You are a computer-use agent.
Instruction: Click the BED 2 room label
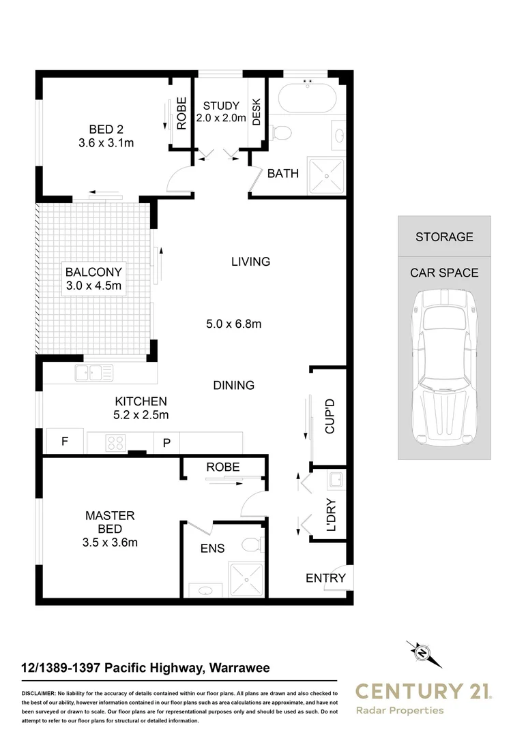pos(105,129)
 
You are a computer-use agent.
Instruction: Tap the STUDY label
pos(221,106)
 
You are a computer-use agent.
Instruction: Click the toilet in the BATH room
pos(281,132)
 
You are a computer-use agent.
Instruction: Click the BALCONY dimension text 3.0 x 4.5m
pos(93,286)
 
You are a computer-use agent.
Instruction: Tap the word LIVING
pos(250,261)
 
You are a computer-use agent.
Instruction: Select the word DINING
pos(233,385)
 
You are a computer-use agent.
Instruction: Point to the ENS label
pos(211,548)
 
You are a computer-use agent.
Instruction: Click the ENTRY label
pos(325,578)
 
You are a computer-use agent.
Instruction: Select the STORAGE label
pos(444,236)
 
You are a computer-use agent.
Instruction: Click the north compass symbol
pos(424,652)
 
